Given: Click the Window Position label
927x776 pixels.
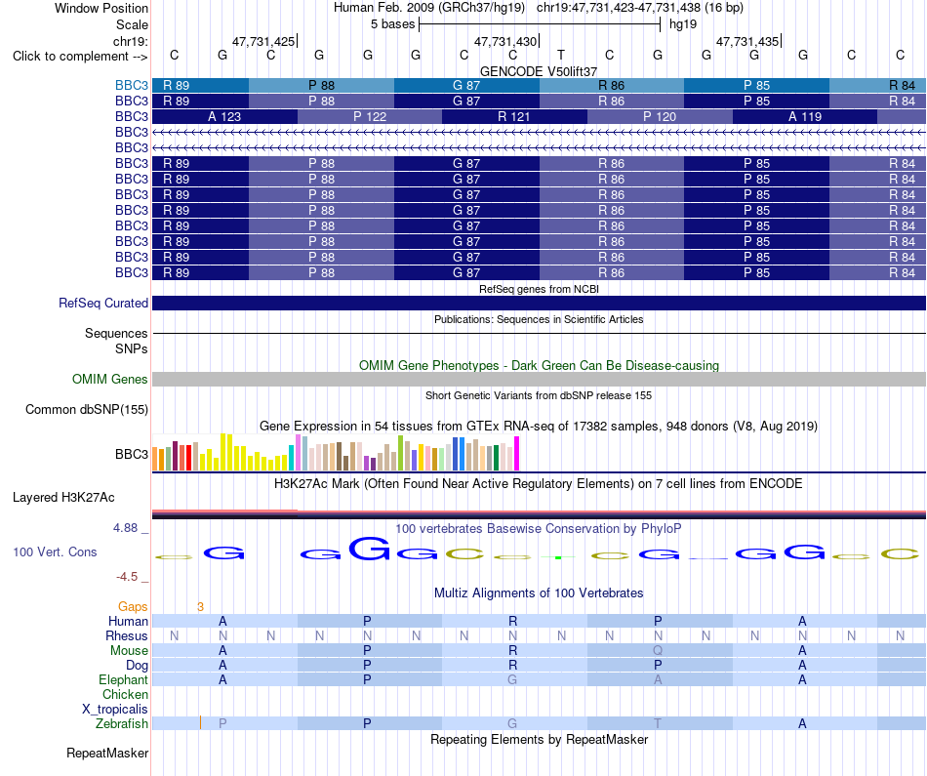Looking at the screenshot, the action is [101, 8].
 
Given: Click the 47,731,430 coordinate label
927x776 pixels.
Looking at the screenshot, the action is [504, 41].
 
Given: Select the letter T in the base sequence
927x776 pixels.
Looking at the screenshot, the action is [561, 55].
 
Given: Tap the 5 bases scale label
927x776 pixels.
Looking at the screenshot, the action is [392, 24].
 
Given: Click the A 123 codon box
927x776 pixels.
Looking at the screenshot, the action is [224, 116].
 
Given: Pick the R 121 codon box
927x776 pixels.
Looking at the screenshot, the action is [514, 116].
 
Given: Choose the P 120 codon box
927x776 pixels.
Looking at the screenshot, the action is [660, 116].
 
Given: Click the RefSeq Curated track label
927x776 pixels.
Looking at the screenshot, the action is [103, 303].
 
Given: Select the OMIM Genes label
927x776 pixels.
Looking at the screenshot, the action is [110, 379].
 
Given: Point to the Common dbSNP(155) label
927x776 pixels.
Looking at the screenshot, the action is [87, 409].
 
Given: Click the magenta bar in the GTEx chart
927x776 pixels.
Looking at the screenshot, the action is [517, 454].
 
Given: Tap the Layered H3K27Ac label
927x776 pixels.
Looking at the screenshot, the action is [63, 498].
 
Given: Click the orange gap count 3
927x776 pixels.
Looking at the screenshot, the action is [200, 607].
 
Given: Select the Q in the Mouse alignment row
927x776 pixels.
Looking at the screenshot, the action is [658, 651].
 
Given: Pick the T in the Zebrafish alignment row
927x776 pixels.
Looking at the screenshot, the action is [658, 724].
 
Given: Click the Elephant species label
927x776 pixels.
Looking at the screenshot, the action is [124, 680].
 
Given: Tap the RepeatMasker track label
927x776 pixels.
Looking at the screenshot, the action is [107, 753].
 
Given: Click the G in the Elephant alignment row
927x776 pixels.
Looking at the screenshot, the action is [512, 680].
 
